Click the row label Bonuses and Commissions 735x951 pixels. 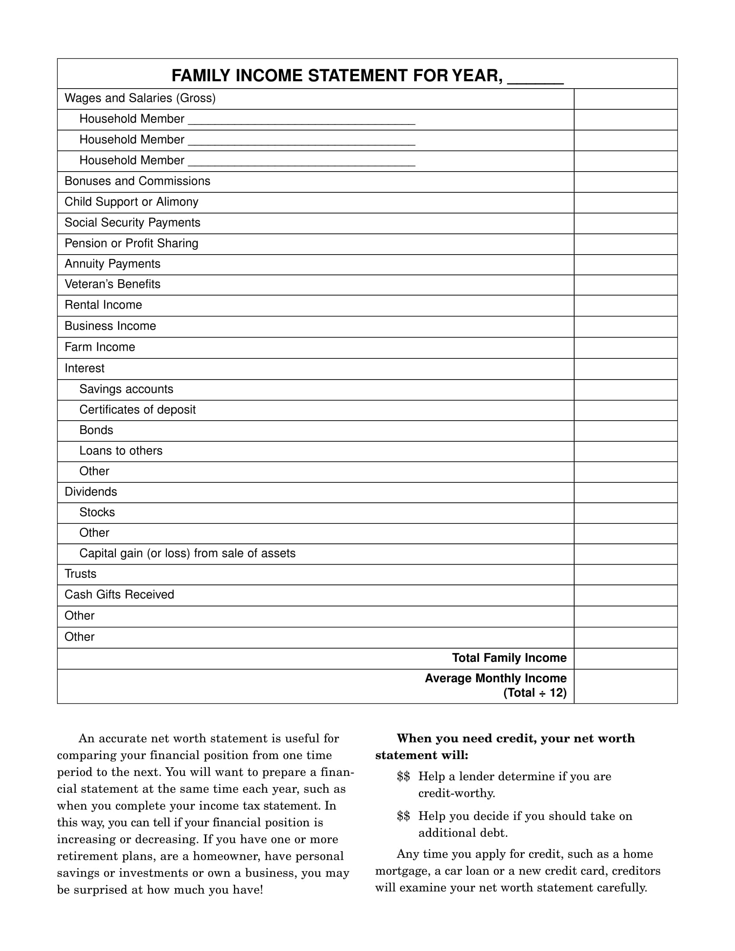[137, 181]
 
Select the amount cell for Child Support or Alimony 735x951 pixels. [625, 202]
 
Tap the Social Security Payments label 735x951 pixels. [132, 223]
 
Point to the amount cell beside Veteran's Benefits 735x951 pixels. [625, 285]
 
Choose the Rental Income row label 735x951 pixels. [103, 305]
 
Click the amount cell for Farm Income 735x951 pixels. [625, 348]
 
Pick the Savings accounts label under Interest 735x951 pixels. [126, 389]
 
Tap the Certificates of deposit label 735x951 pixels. [137, 410]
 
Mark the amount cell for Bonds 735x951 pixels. [625, 431]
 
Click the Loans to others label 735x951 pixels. [121, 451]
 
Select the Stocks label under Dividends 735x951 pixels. [97, 513]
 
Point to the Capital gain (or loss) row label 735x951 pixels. [187, 553]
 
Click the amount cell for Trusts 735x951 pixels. [625, 574]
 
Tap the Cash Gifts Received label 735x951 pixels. [119, 595]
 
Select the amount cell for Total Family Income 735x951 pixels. [625, 658]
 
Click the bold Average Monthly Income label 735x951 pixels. [495, 678]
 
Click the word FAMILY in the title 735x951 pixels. [201, 76]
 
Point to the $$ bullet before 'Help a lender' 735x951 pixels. [403, 776]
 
